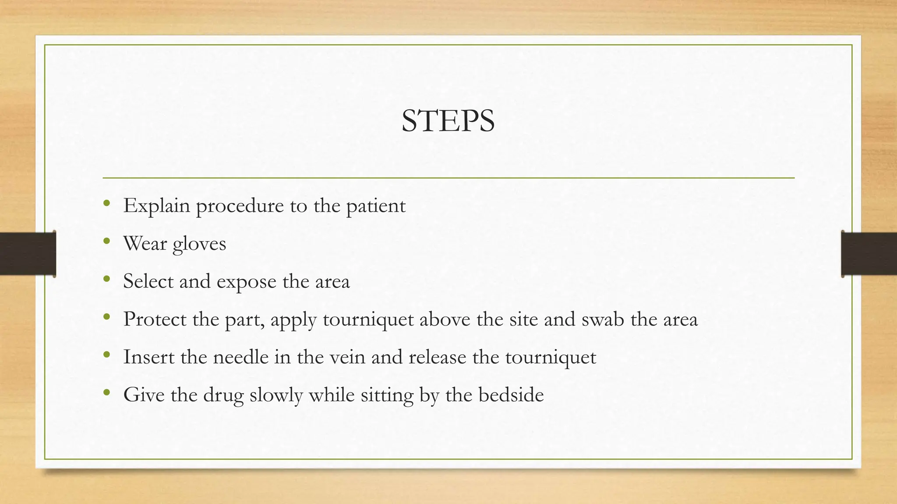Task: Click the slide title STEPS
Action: tap(448, 121)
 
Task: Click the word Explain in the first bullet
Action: tap(156, 206)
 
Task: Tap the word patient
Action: tap(376, 206)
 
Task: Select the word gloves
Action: tap(199, 244)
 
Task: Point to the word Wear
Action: tap(145, 244)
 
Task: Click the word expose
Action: tap(247, 282)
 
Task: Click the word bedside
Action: tap(511, 395)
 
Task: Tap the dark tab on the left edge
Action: tap(27, 254)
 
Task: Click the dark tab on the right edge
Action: tap(869, 254)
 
